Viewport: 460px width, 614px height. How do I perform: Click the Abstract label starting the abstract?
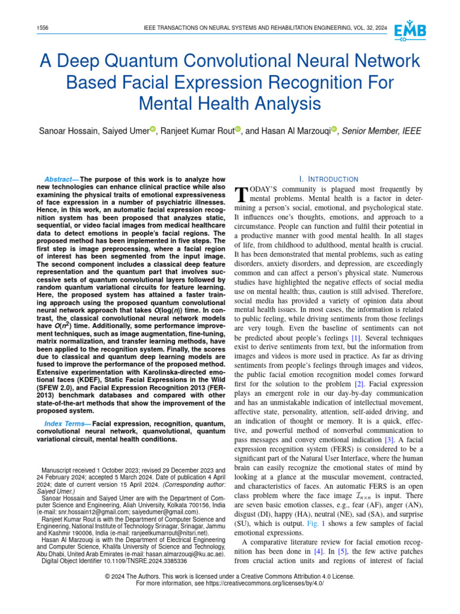tap(62, 179)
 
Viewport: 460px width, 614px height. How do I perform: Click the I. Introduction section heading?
tap(328, 179)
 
